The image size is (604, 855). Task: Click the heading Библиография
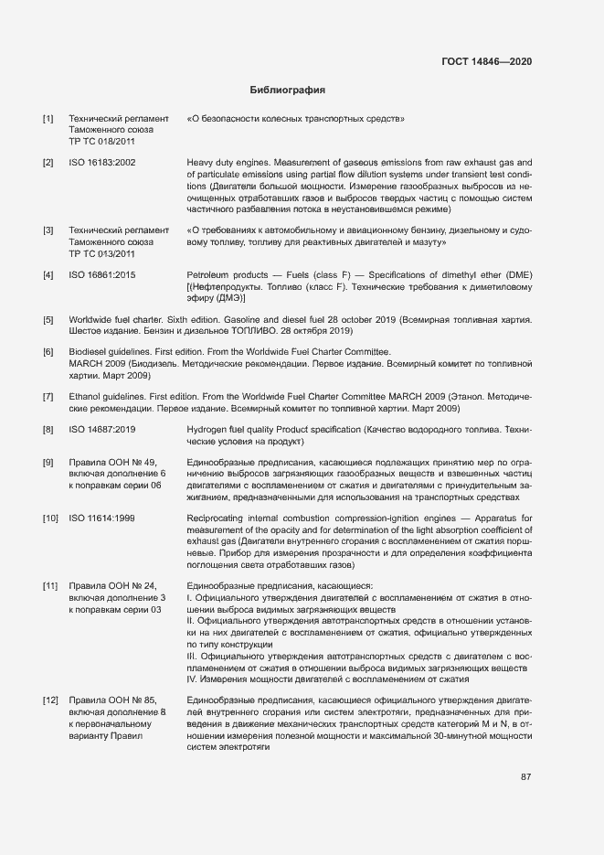tap(288, 91)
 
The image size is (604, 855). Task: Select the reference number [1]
tap(48, 119)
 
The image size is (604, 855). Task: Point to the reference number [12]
tap(50, 700)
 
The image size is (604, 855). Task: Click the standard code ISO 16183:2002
tap(102, 162)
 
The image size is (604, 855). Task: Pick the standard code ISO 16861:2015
tap(102, 275)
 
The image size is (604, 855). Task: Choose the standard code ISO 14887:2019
tap(102, 429)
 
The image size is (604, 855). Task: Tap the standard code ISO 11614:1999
tap(102, 518)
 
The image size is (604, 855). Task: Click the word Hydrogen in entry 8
tap(208, 429)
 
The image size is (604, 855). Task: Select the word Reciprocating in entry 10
tap(218, 518)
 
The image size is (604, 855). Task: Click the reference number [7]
tap(48, 396)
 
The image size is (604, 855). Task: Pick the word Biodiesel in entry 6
tap(90, 351)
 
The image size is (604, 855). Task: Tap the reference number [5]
tap(48, 319)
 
